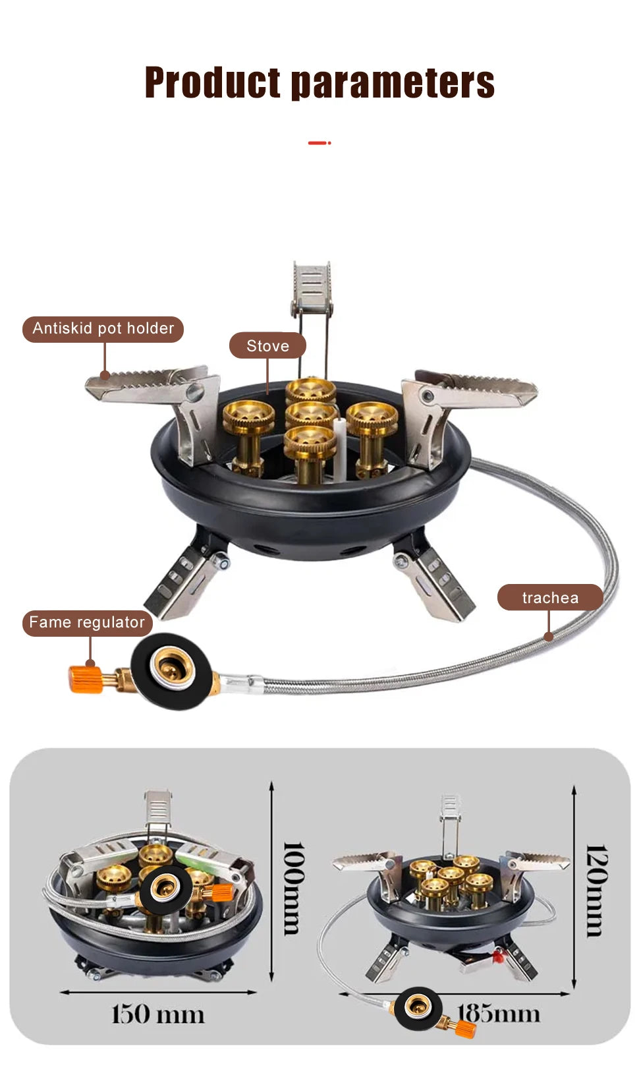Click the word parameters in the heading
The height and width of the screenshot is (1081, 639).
[x=393, y=84]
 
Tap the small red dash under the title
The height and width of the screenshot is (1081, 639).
[x=319, y=142]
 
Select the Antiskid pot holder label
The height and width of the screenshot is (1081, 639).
[x=103, y=328]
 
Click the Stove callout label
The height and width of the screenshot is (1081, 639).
[x=267, y=345]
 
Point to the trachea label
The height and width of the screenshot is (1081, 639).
[x=549, y=597]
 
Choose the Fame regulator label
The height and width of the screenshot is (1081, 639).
[x=87, y=622]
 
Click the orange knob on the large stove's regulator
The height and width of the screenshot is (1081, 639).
[x=86, y=679]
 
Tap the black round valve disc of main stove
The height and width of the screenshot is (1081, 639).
[x=172, y=670]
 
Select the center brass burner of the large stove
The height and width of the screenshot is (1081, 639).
[x=310, y=415]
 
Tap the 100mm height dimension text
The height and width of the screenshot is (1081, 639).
[x=294, y=887]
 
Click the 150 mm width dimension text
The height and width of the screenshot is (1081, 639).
[x=158, y=1014]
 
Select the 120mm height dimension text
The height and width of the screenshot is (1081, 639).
[x=596, y=890]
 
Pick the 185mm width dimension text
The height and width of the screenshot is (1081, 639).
[x=499, y=1013]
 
